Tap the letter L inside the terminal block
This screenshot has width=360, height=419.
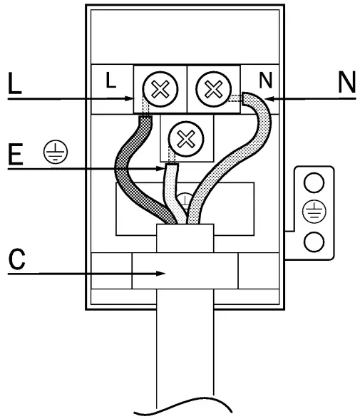click(110, 81)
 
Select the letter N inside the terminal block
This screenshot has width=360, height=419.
click(265, 81)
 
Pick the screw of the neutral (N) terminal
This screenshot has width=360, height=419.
click(212, 90)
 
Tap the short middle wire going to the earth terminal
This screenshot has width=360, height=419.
click(170, 189)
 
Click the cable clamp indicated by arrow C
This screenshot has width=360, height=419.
click(185, 271)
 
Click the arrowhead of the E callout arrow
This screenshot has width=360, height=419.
click(163, 169)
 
